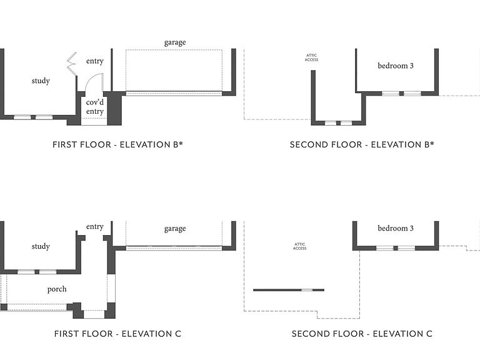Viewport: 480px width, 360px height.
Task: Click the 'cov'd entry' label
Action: (x=95, y=106)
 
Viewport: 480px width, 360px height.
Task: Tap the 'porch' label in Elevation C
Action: (x=57, y=289)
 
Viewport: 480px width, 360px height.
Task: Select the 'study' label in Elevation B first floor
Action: (x=41, y=81)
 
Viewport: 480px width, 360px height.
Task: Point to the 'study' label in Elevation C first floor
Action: (x=41, y=246)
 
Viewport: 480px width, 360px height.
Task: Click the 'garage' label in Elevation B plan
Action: (x=175, y=42)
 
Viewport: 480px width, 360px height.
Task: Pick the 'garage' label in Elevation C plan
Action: (x=175, y=229)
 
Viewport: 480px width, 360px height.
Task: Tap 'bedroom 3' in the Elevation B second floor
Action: (x=396, y=66)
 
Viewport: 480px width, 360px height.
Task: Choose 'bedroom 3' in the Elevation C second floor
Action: (x=396, y=228)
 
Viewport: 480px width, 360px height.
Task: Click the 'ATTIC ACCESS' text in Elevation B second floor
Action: (x=312, y=57)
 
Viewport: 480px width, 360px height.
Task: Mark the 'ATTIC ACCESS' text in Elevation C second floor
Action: (x=300, y=246)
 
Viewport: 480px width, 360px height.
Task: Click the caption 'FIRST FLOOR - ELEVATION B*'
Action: (x=118, y=144)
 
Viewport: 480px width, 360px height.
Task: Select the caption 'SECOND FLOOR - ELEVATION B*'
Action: (x=362, y=144)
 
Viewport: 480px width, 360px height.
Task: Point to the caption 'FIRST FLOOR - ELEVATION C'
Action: (x=118, y=334)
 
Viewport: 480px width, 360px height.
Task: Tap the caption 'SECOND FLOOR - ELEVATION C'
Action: (x=362, y=334)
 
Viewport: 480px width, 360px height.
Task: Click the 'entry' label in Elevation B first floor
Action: (x=95, y=61)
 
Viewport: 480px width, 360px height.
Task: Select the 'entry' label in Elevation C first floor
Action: (x=95, y=226)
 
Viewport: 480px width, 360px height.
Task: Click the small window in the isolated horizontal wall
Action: (x=307, y=290)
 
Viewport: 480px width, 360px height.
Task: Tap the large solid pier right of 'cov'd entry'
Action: (x=114, y=108)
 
